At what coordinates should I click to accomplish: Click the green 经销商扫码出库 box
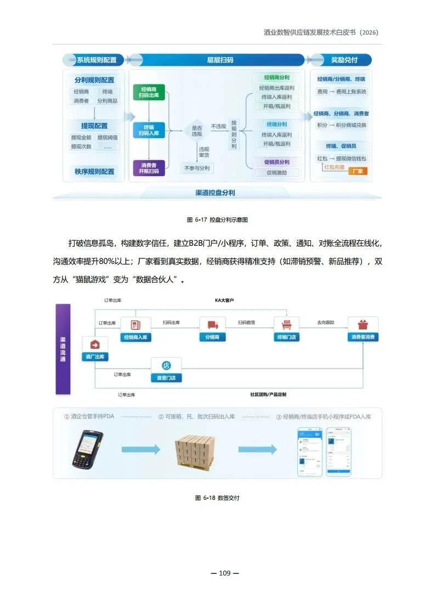pyautogui.click(x=149, y=92)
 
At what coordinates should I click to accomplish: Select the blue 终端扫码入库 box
pyautogui.click(x=149, y=130)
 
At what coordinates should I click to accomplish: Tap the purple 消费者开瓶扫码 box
pyautogui.click(x=149, y=168)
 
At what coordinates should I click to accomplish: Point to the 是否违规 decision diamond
pyautogui.click(x=196, y=130)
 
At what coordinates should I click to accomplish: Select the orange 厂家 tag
pyautogui.click(x=358, y=171)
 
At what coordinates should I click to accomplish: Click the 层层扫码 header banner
pyautogui.click(x=219, y=60)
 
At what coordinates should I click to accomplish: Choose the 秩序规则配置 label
pyautogui.click(x=94, y=172)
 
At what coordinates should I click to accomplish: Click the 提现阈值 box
pyautogui.click(x=108, y=138)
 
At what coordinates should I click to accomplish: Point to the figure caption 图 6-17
pyautogui.click(x=218, y=220)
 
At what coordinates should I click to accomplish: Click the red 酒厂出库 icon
pyautogui.click(x=94, y=345)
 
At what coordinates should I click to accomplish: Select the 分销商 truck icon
pyautogui.click(x=212, y=325)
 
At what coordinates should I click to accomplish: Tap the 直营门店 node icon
pyautogui.click(x=166, y=365)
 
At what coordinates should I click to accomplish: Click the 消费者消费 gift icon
pyautogui.click(x=363, y=325)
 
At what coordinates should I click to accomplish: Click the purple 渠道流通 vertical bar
pyautogui.click(x=63, y=349)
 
